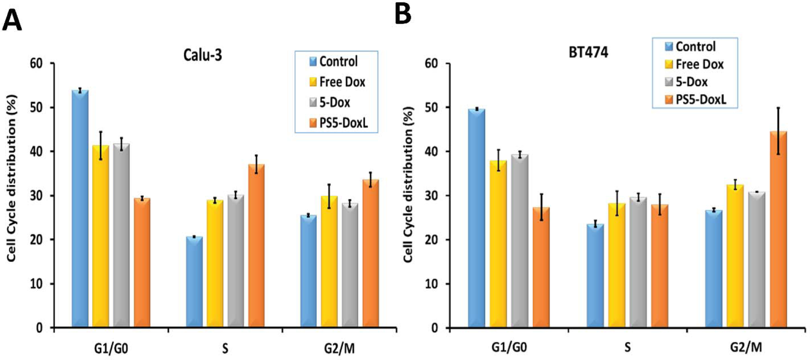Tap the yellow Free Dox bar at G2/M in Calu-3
coord(329,262)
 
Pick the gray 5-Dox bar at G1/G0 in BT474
coord(520,241)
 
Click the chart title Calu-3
coord(202,55)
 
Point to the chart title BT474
coord(589,52)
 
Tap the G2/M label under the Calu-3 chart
coord(339,348)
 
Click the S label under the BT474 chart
coord(627,347)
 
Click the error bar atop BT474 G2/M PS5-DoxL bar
coord(778,131)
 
